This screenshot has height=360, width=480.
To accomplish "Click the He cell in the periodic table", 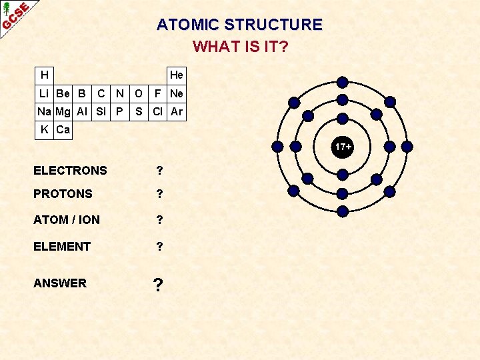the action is pyautogui.click(x=177, y=75).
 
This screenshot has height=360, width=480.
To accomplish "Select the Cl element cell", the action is pyautogui.click(x=158, y=111).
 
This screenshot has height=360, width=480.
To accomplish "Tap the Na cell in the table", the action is pyautogui.click(x=44, y=111).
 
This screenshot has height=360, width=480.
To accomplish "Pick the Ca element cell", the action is pyautogui.click(x=63, y=129).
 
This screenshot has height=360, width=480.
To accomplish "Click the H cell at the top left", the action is pyautogui.click(x=44, y=75).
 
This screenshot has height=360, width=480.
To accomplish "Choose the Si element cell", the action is pyautogui.click(x=101, y=111).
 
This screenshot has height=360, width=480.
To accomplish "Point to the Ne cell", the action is pyautogui.click(x=177, y=93).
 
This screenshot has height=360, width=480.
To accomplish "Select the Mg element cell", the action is pyautogui.click(x=63, y=111).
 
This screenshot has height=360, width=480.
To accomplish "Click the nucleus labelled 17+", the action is pyautogui.click(x=343, y=145).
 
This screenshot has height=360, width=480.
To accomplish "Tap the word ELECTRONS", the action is pyautogui.click(x=70, y=171).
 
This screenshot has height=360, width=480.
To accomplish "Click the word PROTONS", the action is pyautogui.click(x=63, y=194).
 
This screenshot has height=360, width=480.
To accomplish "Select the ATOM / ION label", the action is pyautogui.click(x=67, y=219).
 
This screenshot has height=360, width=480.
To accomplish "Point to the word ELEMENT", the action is pyautogui.click(x=62, y=247).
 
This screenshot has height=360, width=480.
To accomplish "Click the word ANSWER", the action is pyautogui.click(x=60, y=283).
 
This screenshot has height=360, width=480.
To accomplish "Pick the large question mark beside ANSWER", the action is pyautogui.click(x=158, y=285).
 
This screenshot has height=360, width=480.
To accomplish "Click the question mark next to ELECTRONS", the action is pyautogui.click(x=159, y=171).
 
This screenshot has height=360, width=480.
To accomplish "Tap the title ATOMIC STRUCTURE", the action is pyautogui.click(x=239, y=25).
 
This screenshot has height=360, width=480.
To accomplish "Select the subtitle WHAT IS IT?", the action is pyautogui.click(x=240, y=47).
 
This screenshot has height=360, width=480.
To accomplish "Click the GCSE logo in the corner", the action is pyautogui.click(x=15, y=15).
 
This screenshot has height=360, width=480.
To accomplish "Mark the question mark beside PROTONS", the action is pyautogui.click(x=159, y=194).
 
